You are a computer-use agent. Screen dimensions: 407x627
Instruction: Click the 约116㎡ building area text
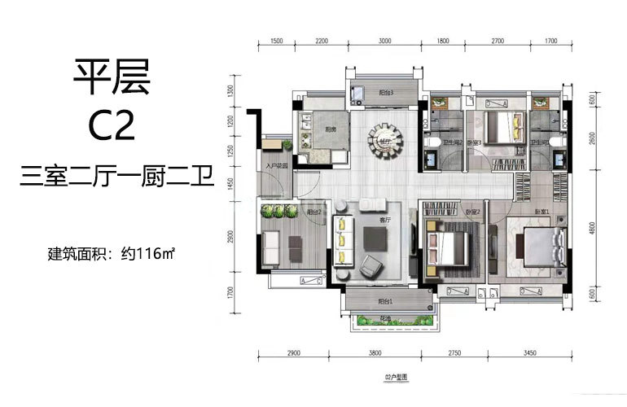147,253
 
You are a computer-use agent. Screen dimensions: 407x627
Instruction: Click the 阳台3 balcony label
386,93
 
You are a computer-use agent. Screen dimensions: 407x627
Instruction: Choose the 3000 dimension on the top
384,40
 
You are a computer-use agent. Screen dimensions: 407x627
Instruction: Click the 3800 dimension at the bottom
374,355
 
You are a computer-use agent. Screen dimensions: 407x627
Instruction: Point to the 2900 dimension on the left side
231,237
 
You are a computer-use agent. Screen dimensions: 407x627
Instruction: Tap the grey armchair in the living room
370,265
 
